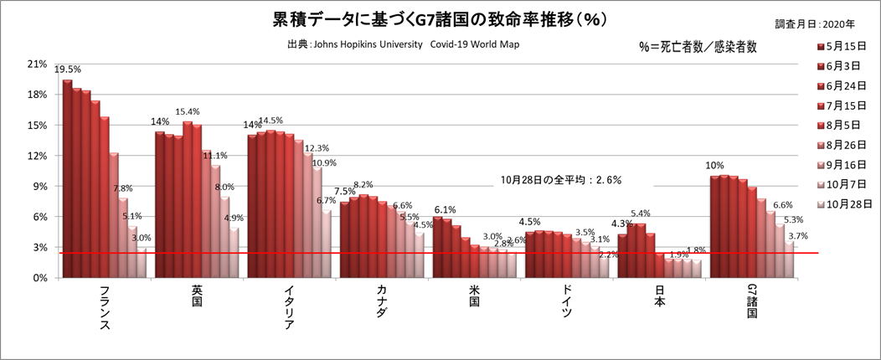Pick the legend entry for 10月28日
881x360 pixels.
[x=846, y=203]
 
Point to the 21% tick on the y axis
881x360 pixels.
[x=37, y=64]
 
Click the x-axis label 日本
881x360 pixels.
[x=657, y=296]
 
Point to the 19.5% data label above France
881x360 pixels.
[x=68, y=70]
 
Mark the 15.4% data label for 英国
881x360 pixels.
[x=187, y=112]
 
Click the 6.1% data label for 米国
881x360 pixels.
[x=444, y=210]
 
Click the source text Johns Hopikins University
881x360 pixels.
[x=363, y=44]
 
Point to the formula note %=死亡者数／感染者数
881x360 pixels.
[x=697, y=48]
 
